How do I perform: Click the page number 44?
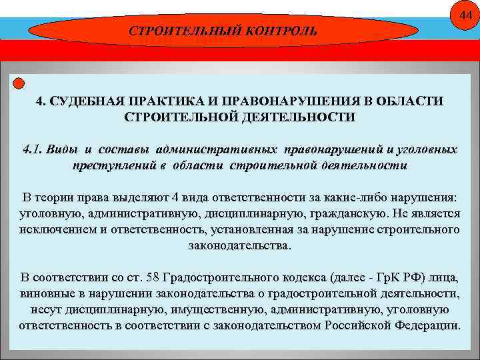tap(464, 16)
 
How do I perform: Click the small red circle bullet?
tap(19, 83)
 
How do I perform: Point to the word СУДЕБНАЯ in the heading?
tap(85, 101)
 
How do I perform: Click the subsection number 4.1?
tap(31, 149)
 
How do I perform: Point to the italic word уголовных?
tap(426, 149)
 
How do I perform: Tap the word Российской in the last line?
tap(357, 326)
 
